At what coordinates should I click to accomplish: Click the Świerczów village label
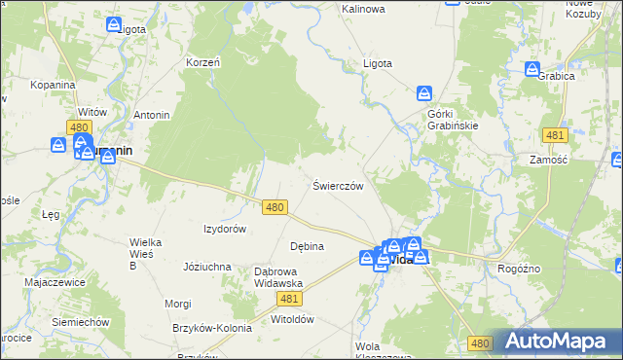click(x=338, y=186)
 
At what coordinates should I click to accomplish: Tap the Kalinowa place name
click(x=363, y=9)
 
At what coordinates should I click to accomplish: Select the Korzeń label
click(x=203, y=62)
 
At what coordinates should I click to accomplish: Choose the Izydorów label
click(x=224, y=229)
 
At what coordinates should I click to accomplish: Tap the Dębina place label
click(x=307, y=246)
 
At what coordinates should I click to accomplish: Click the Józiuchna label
click(x=207, y=266)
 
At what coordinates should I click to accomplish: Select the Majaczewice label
click(x=55, y=282)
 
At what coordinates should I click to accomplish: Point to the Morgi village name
click(x=178, y=304)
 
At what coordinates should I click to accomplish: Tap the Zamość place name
click(x=548, y=159)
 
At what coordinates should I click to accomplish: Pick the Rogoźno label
click(x=519, y=269)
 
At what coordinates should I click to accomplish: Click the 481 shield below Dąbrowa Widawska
click(x=287, y=300)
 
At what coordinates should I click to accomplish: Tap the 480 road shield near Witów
click(x=80, y=127)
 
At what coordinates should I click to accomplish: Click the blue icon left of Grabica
click(x=532, y=69)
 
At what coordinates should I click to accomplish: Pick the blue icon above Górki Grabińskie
click(x=424, y=94)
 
